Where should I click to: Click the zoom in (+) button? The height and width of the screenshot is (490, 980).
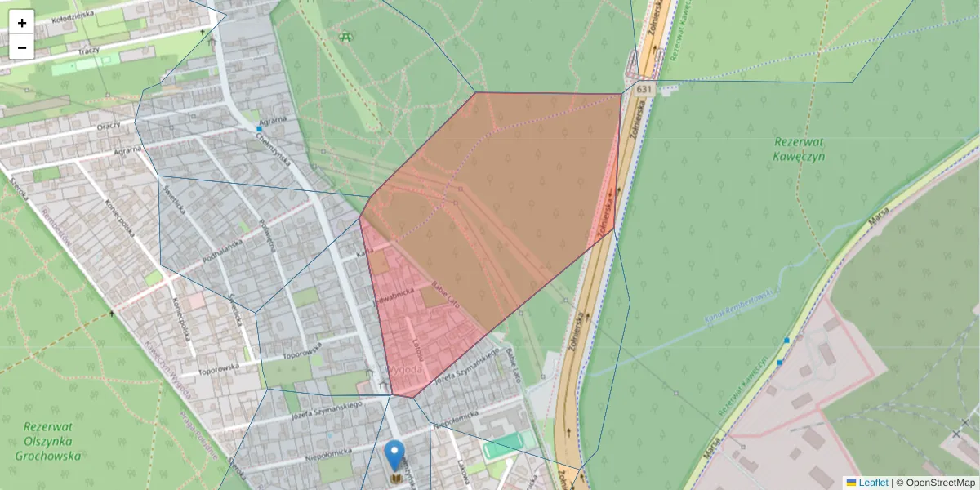(22, 23)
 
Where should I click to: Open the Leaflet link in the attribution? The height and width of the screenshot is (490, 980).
(873, 483)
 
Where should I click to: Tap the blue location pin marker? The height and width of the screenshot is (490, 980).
(394, 455)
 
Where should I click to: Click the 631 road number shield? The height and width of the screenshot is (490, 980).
(644, 88)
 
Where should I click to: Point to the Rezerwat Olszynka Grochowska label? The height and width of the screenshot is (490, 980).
(52, 441)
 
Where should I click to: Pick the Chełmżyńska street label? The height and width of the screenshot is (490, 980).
(273, 148)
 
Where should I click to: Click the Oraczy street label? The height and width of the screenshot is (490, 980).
(108, 126)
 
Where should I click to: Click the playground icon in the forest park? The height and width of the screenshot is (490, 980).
(346, 36)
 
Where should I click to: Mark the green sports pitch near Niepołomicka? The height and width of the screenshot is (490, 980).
(502, 446)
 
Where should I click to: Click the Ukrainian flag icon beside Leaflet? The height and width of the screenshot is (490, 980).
(851, 483)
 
